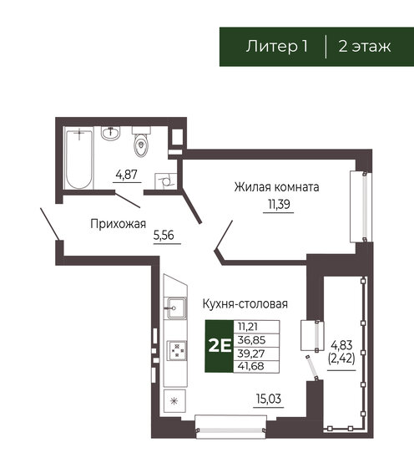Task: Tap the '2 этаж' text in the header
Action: click(x=364, y=46)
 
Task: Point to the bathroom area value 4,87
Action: click(x=126, y=175)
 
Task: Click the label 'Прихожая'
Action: click(x=118, y=223)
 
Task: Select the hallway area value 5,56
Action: click(x=164, y=237)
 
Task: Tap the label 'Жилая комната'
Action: click(x=276, y=186)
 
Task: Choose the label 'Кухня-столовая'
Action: click(x=245, y=304)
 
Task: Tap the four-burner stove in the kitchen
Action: click(x=177, y=351)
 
